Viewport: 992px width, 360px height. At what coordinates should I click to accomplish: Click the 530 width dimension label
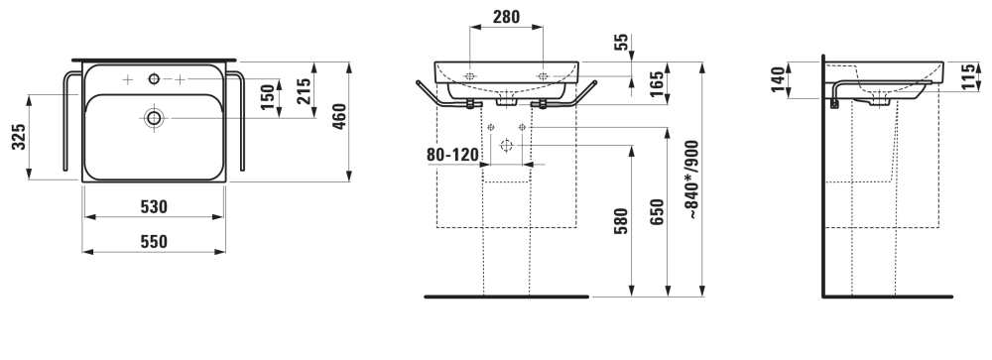(x=154, y=207)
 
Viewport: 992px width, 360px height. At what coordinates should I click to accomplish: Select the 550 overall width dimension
(x=154, y=242)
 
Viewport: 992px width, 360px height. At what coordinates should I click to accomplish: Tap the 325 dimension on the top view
(x=20, y=137)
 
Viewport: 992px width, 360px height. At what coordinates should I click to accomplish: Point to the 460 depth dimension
(x=339, y=116)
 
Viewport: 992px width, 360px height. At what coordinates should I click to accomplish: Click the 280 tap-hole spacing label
(x=506, y=17)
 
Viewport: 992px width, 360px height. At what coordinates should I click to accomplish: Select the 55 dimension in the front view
(x=622, y=42)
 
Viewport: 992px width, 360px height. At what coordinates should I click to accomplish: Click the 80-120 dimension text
(x=452, y=155)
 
